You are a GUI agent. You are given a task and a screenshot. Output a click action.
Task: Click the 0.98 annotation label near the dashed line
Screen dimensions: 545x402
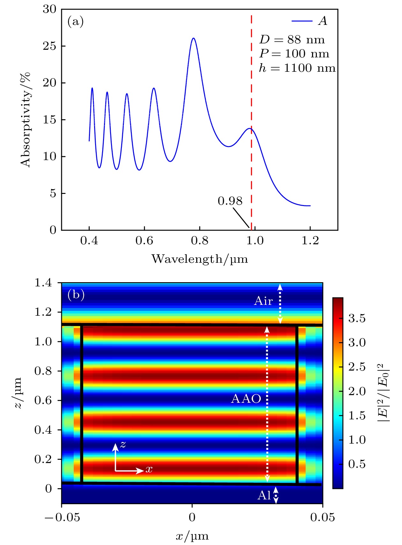point(230,201)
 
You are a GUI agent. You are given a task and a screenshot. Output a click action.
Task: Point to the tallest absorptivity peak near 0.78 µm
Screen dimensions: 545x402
point(193,38)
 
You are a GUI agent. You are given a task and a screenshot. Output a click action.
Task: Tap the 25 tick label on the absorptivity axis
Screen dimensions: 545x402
point(50,46)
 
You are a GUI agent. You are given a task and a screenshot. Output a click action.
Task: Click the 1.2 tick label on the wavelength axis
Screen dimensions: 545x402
point(310,241)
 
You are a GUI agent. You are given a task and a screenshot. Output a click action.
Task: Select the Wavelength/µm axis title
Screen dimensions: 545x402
point(199,259)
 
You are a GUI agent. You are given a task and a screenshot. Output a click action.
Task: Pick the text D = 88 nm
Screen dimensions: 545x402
point(292,40)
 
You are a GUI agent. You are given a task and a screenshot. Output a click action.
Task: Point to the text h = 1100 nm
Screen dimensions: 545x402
point(297,68)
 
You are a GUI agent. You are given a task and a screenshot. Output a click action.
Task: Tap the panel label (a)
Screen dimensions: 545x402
point(76,22)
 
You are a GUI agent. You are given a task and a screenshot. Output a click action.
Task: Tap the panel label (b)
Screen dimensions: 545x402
point(76,294)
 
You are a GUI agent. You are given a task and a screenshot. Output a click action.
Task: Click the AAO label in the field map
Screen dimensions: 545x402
point(246,399)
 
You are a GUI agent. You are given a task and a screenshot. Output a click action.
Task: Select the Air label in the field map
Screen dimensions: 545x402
point(263,301)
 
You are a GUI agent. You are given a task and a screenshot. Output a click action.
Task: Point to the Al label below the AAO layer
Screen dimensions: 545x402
point(264,495)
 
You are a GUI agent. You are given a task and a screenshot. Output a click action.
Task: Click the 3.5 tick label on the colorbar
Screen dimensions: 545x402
point(357,318)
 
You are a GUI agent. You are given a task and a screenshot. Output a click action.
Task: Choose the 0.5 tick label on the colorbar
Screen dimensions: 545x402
point(357,464)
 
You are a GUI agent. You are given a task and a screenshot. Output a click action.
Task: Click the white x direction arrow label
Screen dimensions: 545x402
point(149,469)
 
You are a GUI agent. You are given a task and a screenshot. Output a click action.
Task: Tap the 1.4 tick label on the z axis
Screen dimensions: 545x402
point(43,283)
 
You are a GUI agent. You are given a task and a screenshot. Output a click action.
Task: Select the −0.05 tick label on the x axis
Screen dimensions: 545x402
point(62,517)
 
